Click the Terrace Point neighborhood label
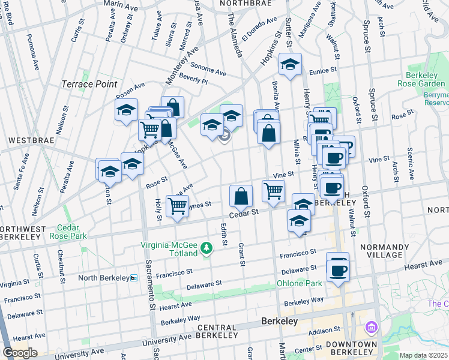pos(89,84)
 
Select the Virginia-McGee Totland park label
pos(169,249)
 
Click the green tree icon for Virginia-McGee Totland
pos(206,248)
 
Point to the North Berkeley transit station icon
pos(134,278)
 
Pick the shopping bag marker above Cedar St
pos(241,195)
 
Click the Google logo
pos(20,353)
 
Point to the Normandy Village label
pos(384,251)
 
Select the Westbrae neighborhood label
pos(27,140)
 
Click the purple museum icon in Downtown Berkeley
pos(371,328)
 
